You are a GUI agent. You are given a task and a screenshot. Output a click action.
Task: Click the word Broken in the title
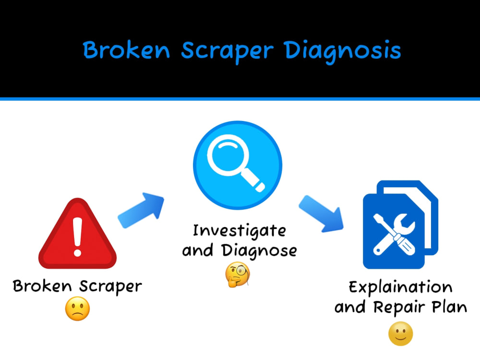coord(126,49)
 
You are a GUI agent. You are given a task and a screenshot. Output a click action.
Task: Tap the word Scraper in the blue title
coord(227,51)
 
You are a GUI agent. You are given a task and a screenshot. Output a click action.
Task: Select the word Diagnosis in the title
coord(342,51)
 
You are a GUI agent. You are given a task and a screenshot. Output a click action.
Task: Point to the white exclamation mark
coord(77,237)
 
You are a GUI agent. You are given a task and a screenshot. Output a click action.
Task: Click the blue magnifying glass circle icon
coord(238,165)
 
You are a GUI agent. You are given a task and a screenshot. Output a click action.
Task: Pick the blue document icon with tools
coord(400,225)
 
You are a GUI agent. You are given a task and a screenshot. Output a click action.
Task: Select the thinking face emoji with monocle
coord(238,274)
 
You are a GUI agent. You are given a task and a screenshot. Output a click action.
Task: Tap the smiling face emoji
coord(400,334)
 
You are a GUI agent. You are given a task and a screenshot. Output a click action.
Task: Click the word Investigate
coord(240,231)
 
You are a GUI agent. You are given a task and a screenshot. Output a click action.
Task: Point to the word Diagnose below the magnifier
coord(259,251)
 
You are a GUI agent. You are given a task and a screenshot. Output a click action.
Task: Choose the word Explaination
coord(400,287)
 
